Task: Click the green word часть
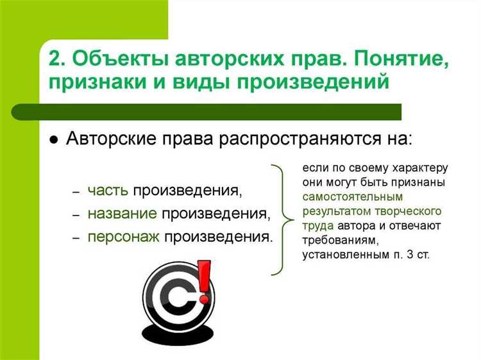108,191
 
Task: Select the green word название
122,213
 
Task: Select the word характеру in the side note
418,168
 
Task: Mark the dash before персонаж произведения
75,238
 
